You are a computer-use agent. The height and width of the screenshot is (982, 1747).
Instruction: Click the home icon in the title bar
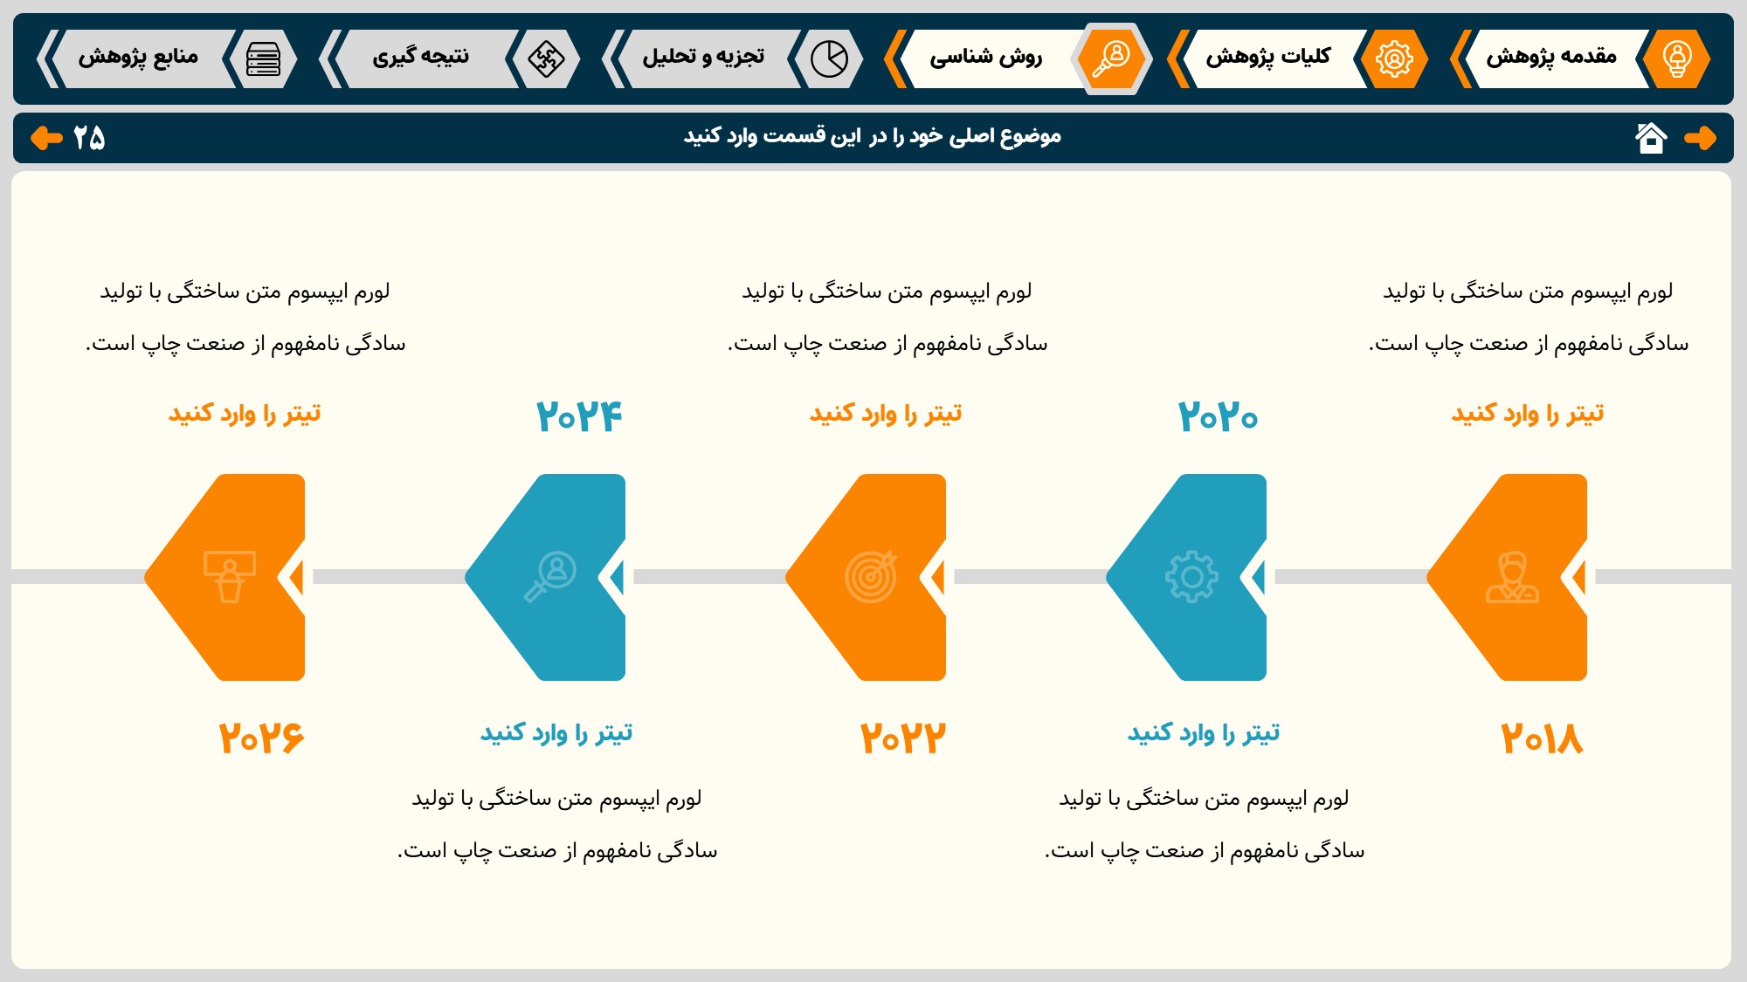click(1651, 138)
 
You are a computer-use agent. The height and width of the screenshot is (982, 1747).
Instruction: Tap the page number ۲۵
click(89, 138)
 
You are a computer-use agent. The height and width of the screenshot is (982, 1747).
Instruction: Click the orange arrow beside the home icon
click(1700, 138)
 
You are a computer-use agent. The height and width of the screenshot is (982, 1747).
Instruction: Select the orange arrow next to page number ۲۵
click(46, 138)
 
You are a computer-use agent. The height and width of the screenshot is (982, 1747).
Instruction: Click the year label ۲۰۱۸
click(1542, 738)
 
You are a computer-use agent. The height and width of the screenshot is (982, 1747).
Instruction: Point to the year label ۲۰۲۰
click(1218, 415)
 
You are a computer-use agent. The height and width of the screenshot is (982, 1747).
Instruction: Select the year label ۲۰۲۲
click(902, 738)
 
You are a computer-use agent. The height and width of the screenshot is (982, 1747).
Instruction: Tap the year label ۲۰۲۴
click(579, 415)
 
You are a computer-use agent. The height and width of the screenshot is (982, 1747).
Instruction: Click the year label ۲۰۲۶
click(261, 738)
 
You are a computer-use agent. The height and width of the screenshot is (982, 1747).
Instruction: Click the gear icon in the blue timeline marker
click(1191, 577)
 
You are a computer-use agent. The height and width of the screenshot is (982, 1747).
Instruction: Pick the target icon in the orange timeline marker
click(871, 577)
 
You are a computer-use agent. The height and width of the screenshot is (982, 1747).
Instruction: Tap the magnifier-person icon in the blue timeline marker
click(550, 577)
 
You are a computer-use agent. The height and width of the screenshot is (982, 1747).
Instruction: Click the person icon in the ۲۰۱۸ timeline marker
click(1512, 577)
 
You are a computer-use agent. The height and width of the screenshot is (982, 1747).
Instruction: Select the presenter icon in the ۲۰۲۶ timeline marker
click(230, 577)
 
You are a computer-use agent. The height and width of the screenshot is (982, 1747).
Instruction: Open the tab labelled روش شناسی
click(985, 58)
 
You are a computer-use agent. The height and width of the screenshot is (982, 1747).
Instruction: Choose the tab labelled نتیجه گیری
click(420, 58)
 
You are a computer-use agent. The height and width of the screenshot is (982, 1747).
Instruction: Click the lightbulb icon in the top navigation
click(1676, 58)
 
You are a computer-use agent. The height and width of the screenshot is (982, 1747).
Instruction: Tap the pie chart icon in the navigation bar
click(829, 58)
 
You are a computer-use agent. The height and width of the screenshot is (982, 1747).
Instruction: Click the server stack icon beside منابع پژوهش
click(263, 58)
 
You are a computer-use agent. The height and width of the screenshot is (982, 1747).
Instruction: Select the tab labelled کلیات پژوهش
click(1268, 58)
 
